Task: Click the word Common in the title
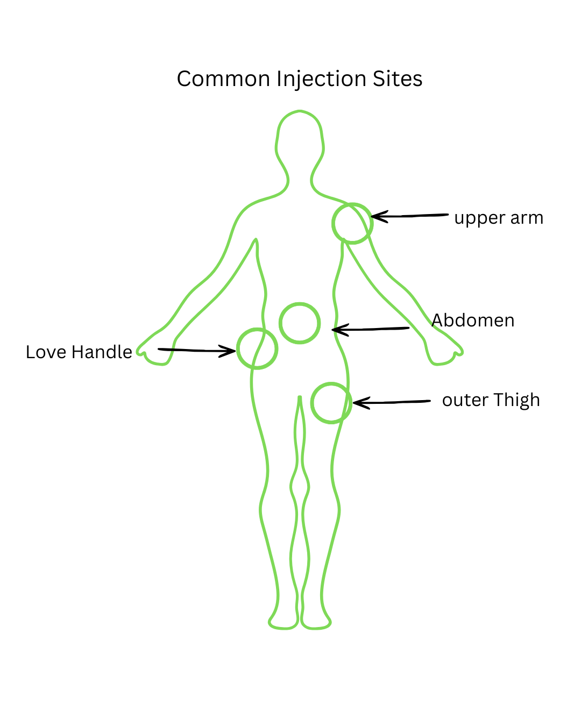point(223,79)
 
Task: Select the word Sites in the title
point(398,79)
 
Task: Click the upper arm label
point(498,218)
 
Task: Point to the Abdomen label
point(473,320)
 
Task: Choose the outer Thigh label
point(491,400)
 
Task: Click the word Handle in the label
point(102,352)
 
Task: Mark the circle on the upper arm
point(352,203)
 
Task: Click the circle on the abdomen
point(300,303)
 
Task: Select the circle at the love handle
point(257,329)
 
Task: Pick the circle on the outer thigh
point(331,383)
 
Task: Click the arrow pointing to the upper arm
point(410,216)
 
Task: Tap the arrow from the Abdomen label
point(371,329)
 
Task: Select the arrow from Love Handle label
point(197,351)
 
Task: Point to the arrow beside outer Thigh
point(392,402)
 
